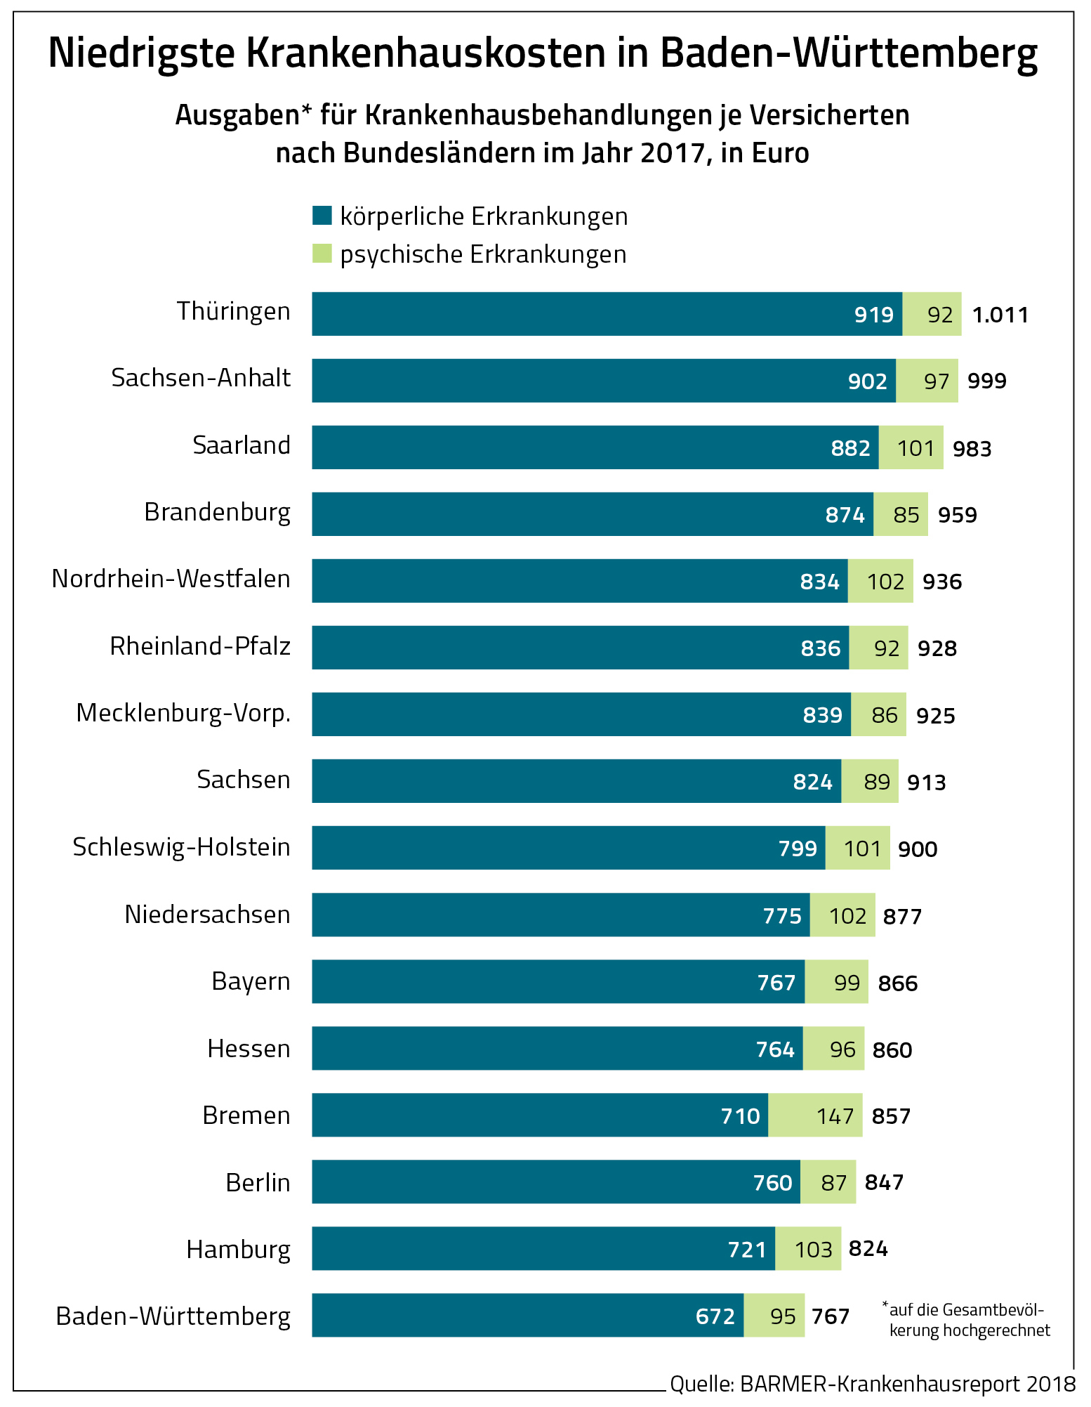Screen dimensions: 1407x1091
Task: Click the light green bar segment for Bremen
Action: coord(815,1115)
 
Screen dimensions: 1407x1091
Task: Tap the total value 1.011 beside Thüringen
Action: coord(1000,315)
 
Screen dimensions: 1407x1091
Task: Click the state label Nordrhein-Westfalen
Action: coord(171,579)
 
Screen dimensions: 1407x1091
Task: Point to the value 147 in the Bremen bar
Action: coord(835,1116)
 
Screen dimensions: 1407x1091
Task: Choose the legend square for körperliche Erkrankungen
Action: coord(322,215)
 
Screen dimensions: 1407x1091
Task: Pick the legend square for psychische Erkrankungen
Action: coord(322,254)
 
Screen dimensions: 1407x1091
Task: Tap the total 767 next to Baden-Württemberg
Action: coord(831,1316)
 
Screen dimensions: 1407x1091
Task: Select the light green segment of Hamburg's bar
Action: coord(807,1249)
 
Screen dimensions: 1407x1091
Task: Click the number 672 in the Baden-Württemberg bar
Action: coord(715,1316)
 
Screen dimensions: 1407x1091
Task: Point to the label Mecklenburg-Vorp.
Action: coord(183,713)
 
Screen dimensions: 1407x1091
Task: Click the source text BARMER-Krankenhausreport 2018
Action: coord(907,1384)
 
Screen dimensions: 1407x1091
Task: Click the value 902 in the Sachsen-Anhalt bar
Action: coord(867,381)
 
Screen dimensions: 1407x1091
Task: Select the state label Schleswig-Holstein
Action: coord(181,847)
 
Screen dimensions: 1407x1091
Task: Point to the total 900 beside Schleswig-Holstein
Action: coord(918,849)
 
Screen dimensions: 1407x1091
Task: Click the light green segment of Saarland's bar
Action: coord(911,447)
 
